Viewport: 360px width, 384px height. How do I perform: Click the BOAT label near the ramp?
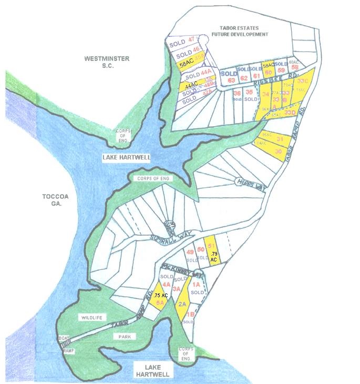[x=64, y=338]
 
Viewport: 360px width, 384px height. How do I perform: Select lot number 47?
[x=191, y=39]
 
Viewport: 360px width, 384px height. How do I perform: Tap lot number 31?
[x=280, y=139]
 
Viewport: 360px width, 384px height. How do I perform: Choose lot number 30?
[x=278, y=151]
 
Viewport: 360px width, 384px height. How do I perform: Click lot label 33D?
[x=290, y=112]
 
